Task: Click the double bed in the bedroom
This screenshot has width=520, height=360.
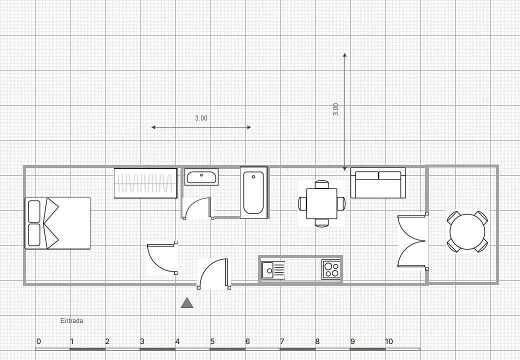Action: [x=57, y=223]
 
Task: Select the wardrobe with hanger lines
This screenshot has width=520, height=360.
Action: [x=145, y=183]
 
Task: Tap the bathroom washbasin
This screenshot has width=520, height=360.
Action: [x=201, y=176]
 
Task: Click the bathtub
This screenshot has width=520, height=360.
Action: [x=253, y=192]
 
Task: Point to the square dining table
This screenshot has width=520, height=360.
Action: [x=321, y=203]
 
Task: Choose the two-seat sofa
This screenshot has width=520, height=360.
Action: [x=378, y=183]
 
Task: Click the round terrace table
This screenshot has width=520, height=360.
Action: [x=467, y=231]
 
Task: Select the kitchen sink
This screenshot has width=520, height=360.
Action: [x=273, y=270]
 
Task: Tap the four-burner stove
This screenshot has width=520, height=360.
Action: [x=331, y=269]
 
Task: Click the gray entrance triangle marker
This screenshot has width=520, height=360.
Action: [x=187, y=303]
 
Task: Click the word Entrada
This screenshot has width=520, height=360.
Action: [x=71, y=320]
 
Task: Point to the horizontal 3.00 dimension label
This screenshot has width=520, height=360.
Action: [x=201, y=118]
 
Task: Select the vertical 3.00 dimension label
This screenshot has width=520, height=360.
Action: [x=335, y=109]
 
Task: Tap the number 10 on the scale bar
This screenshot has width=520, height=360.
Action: [x=388, y=341]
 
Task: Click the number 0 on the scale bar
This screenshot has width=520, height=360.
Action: [x=39, y=341]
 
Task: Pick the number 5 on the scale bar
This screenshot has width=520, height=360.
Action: [x=212, y=341]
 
